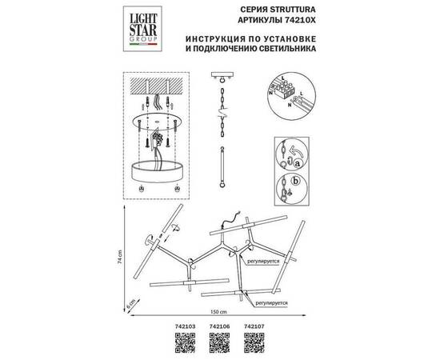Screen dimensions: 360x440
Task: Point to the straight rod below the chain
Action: (220, 168)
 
